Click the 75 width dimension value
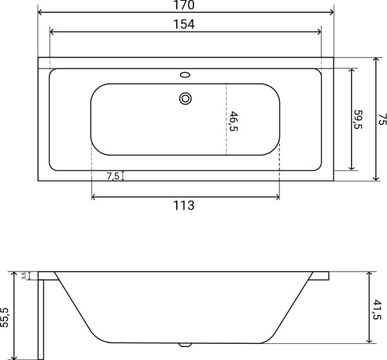point(382,119)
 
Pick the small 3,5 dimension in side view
point(24,275)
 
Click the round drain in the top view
point(185,99)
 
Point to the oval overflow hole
point(185,75)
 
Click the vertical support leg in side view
point(41,318)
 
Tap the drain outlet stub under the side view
point(187,345)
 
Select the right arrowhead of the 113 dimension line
point(277,196)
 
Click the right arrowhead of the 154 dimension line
point(319,32)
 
